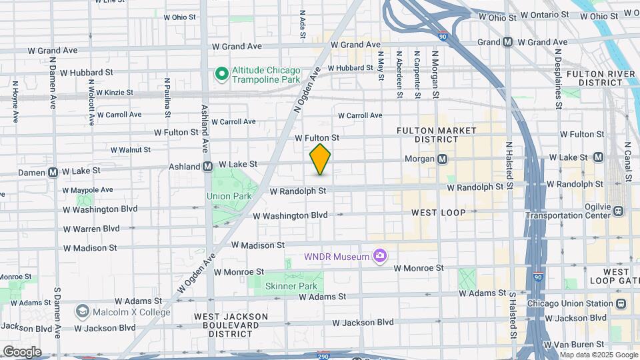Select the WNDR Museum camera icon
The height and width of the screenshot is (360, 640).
(x=380, y=256)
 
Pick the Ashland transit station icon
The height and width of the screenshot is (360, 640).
(x=207, y=165)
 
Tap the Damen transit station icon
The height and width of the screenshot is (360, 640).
(x=53, y=172)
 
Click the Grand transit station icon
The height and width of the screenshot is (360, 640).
(x=507, y=41)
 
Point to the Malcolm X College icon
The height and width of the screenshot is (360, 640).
(x=82, y=311)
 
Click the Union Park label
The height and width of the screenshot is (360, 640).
(x=229, y=196)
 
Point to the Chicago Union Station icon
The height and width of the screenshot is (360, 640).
(x=621, y=303)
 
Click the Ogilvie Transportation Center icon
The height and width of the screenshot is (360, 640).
(x=619, y=211)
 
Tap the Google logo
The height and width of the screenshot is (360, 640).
(x=21, y=351)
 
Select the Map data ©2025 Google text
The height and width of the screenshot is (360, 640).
(x=598, y=355)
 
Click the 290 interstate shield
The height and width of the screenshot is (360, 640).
(x=323, y=355)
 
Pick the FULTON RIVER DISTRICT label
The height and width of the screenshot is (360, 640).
(x=595, y=77)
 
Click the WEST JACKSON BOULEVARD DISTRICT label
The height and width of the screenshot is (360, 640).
(x=231, y=321)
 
